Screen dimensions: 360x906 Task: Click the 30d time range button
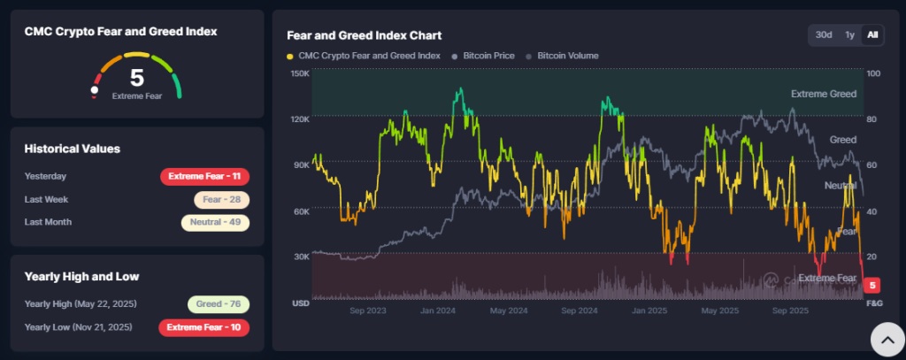(x=824, y=34)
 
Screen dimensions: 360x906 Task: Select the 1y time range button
(x=849, y=34)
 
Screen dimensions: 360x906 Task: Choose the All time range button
(x=872, y=34)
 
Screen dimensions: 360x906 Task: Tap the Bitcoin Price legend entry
(x=483, y=56)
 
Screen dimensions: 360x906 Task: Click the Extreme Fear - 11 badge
(x=205, y=177)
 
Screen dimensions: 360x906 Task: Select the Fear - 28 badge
(x=222, y=200)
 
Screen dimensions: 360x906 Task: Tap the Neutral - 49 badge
(x=215, y=222)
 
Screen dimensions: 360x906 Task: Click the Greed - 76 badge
(x=219, y=304)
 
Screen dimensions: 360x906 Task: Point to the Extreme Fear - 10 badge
(x=205, y=327)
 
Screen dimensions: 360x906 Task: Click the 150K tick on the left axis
(x=299, y=73)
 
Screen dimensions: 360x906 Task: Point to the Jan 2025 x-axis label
(x=649, y=311)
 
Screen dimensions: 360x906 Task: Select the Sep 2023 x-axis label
(x=368, y=311)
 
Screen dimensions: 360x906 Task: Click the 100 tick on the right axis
(x=874, y=73)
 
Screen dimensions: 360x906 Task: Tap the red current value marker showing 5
(x=873, y=286)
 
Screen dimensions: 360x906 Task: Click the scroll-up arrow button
(x=887, y=338)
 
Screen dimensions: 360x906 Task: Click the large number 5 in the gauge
(x=137, y=78)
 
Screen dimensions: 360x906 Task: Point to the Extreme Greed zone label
(x=823, y=94)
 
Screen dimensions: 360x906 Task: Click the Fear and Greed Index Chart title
(x=364, y=35)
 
